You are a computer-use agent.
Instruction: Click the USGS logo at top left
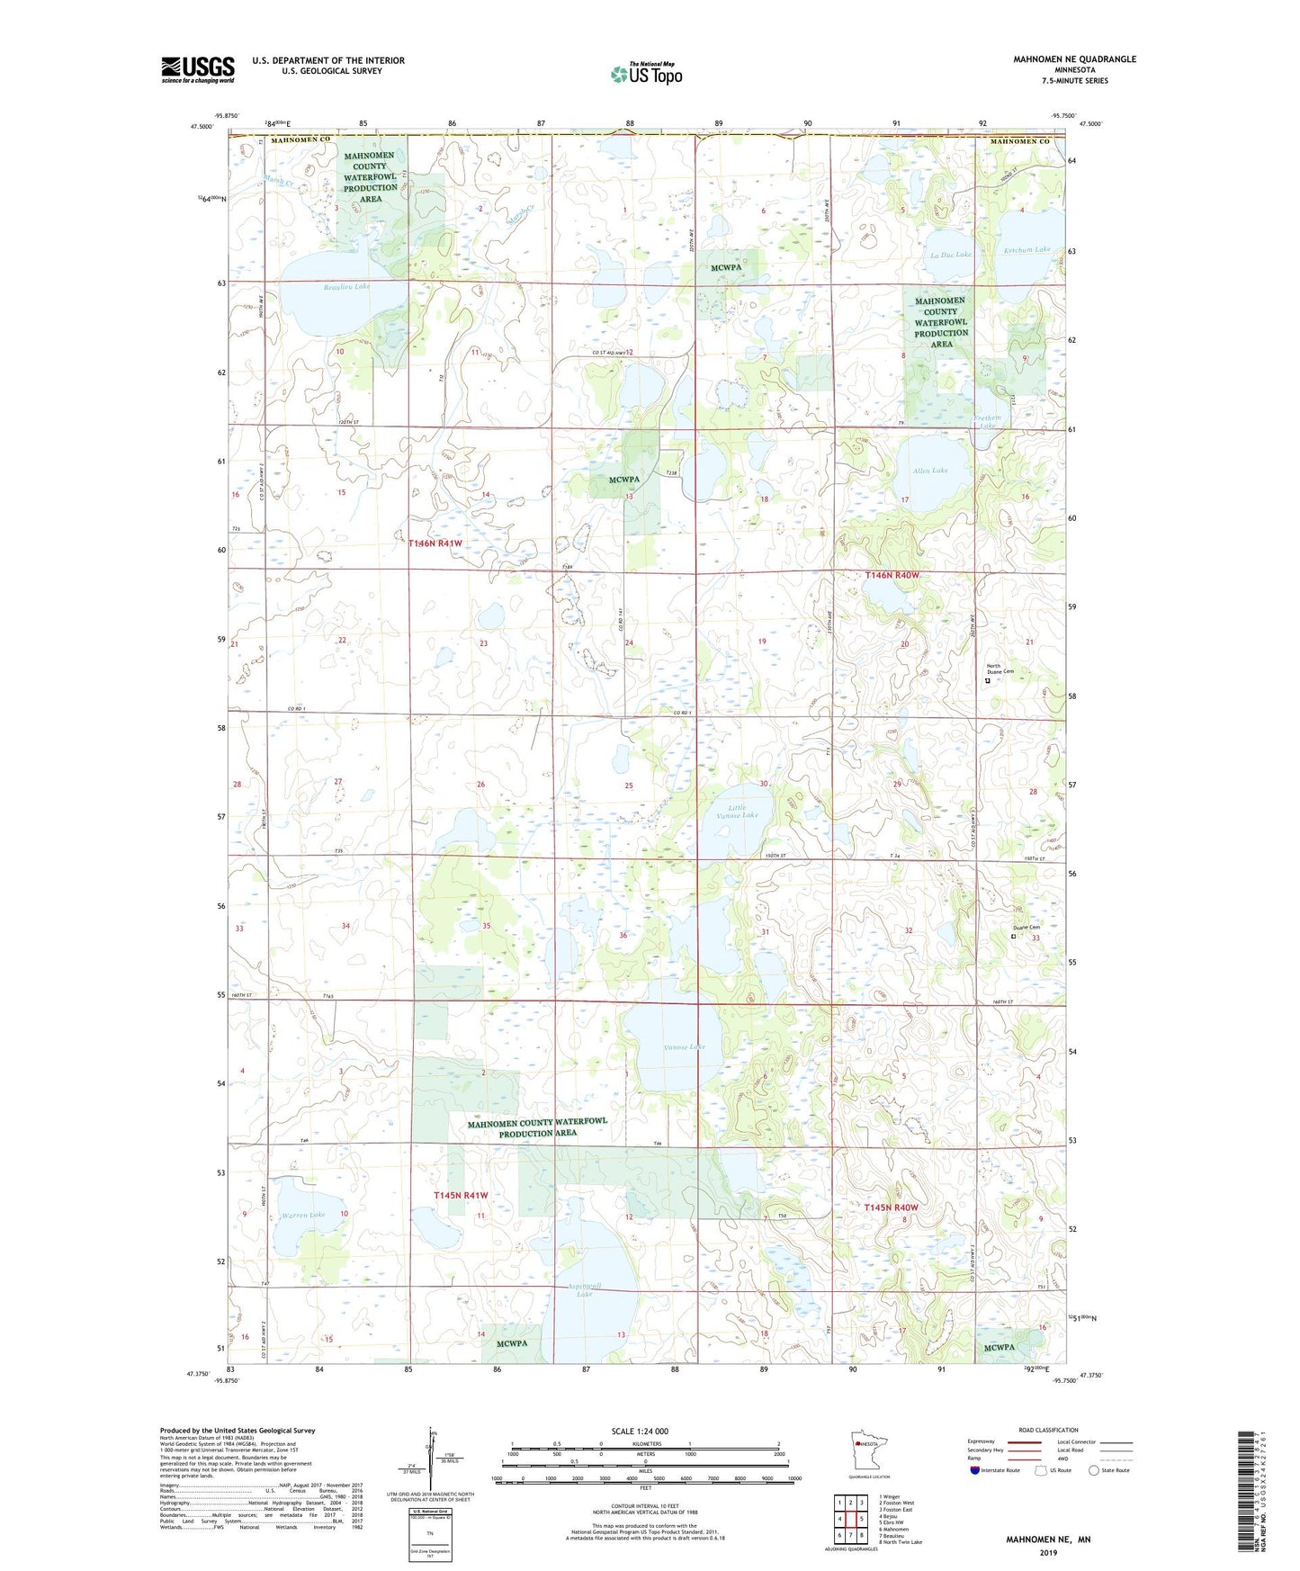click(x=197, y=69)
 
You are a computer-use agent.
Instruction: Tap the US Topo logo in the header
click(x=645, y=74)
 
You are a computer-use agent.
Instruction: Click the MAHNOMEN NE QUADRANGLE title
click(x=1074, y=59)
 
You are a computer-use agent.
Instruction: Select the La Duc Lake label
click(x=951, y=255)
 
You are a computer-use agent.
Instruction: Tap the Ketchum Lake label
click(x=1027, y=249)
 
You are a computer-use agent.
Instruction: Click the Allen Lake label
click(x=930, y=471)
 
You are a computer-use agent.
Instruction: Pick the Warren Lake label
click(x=302, y=1215)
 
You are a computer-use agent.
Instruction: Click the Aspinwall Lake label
click(x=585, y=1289)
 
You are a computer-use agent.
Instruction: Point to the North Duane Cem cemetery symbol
click(x=987, y=681)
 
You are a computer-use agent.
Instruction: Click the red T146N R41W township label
click(x=435, y=543)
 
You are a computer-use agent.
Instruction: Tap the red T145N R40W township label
click(x=892, y=1207)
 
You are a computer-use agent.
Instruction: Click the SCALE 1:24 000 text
click(x=640, y=1431)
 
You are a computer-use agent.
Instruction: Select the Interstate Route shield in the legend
click(x=975, y=1470)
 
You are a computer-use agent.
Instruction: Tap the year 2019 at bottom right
click(x=1048, y=1552)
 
